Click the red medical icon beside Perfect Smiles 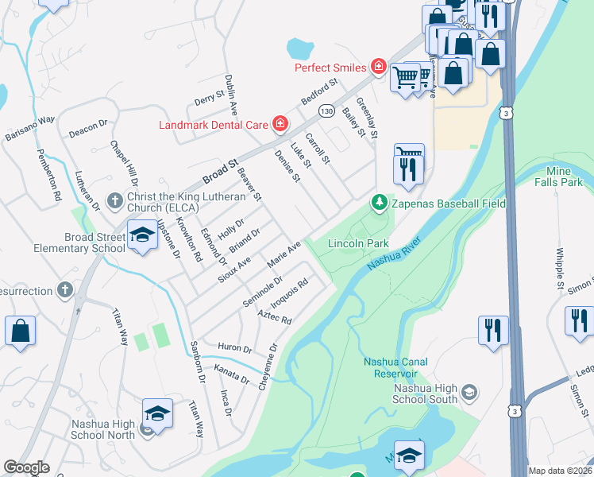378,68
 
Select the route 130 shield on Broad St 326,111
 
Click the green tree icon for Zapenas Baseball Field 380,204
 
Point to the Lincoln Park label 358,242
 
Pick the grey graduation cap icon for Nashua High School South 469,392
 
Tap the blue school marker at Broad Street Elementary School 142,236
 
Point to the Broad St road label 220,169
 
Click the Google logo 26,467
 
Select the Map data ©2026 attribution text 559,470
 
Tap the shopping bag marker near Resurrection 20,331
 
